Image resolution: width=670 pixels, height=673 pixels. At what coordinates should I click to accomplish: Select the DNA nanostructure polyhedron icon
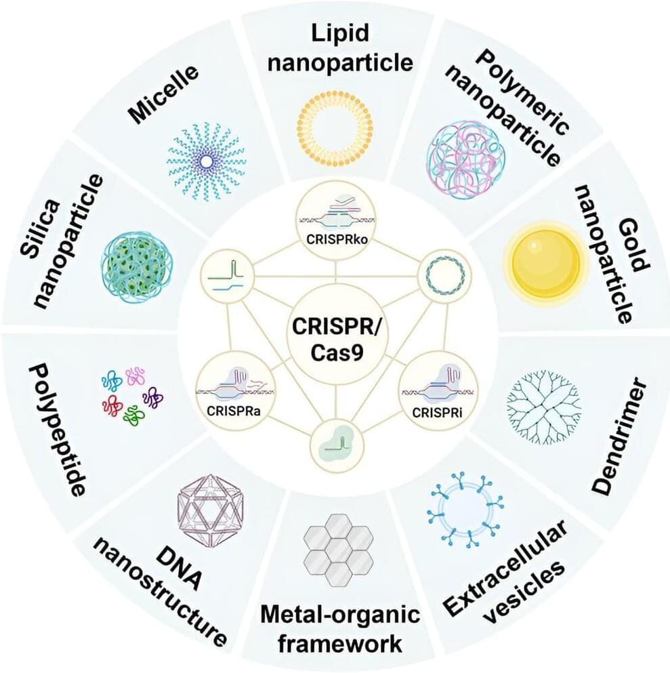pos(209,502)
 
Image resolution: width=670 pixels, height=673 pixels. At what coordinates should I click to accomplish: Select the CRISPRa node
pos(227,391)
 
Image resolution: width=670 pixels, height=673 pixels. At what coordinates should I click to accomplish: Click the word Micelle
pos(165,93)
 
